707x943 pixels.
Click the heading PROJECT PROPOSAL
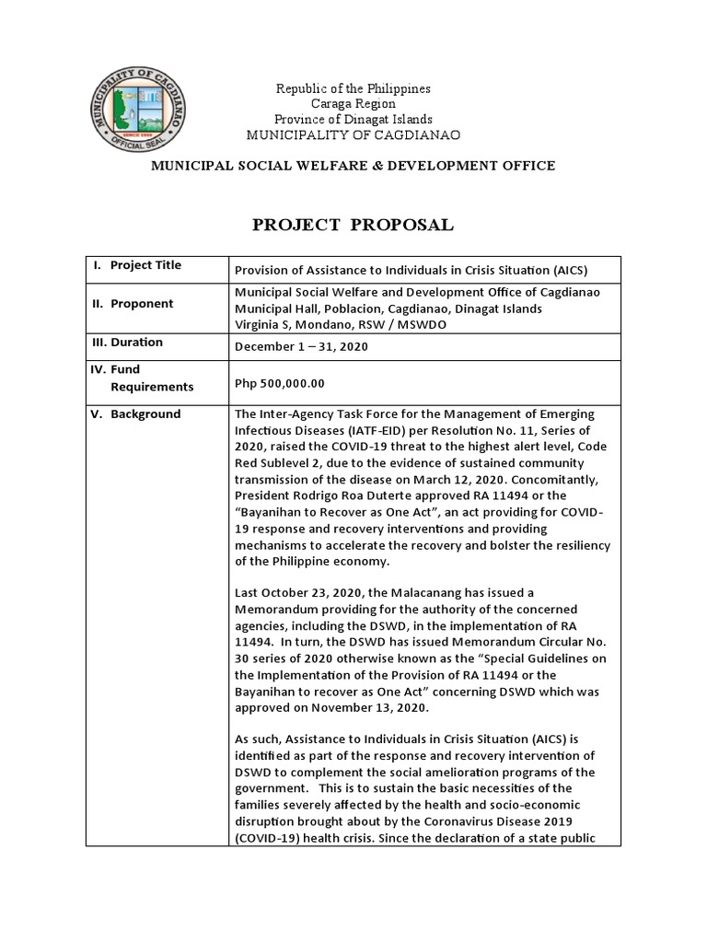coord(353,226)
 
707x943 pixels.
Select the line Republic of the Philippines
coord(353,89)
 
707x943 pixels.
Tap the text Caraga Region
coord(353,105)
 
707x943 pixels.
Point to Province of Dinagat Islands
coord(353,120)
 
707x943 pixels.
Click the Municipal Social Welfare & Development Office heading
coord(353,166)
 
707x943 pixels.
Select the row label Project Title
coord(145,265)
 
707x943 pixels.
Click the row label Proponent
coord(142,304)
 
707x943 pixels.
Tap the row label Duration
coord(137,342)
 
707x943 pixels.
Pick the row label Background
coord(145,413)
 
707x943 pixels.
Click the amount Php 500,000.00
coord(280,384)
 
